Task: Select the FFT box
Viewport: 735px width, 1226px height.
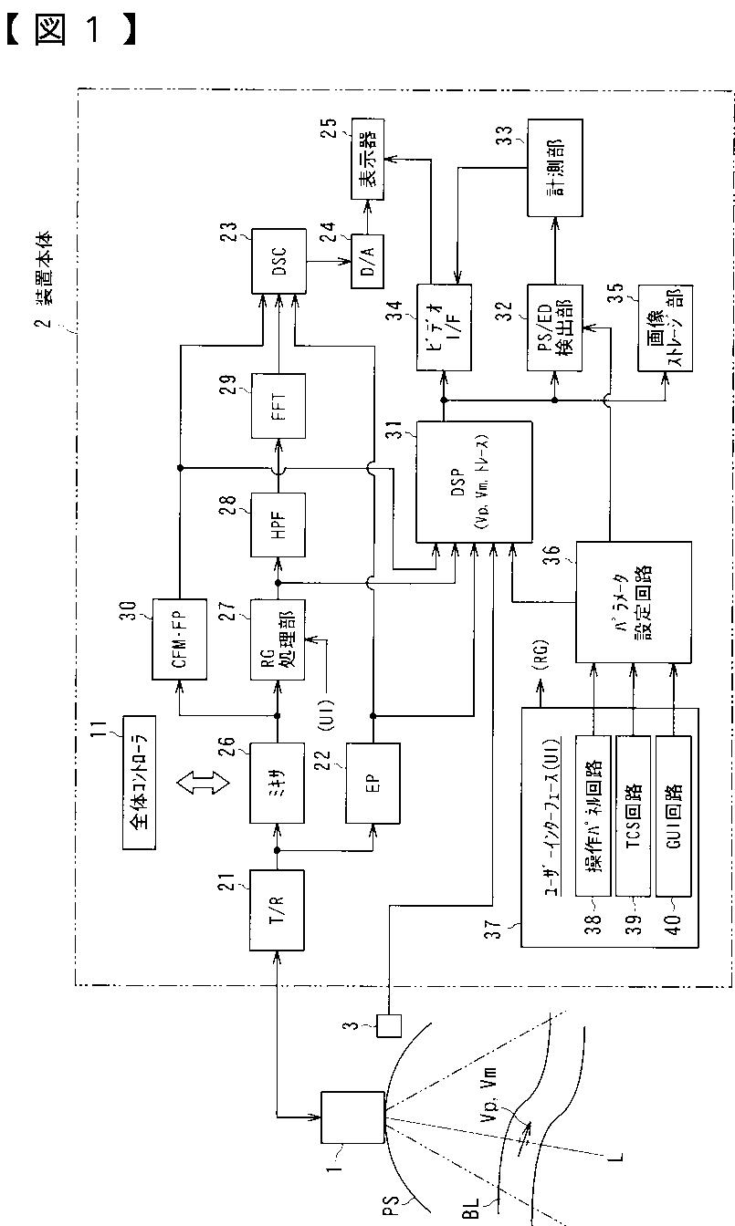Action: (x=279, y=404)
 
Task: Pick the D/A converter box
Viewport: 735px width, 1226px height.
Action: (x=370, y=262)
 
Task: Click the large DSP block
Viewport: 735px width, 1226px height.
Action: (x=474, y=481)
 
